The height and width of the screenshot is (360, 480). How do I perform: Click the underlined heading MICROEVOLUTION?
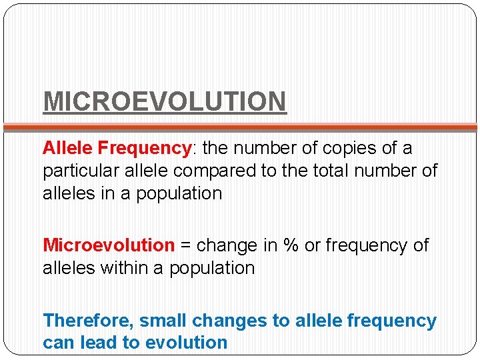coord(165,101)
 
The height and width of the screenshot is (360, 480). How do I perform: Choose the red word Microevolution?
coord(109,245)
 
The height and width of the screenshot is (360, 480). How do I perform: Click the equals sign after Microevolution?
coord(186,246)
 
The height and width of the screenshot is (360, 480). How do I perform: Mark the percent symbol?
coord(290,245)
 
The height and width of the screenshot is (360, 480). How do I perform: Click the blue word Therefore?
coord(87,321)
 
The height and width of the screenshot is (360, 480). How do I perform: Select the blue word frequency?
coord(391,321)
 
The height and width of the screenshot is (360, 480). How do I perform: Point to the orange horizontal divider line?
coord(240,126)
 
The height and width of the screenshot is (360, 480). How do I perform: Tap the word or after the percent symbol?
coord(312,245)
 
